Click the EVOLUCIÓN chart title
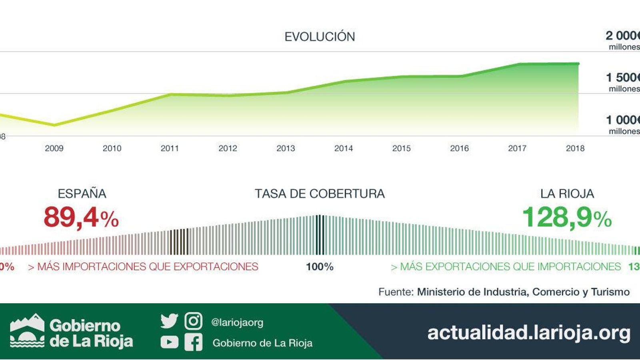(320, 37)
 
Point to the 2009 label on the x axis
(54, 148)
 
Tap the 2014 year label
(344, 148)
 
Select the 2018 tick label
(575, 148)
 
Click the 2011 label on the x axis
(170, 148)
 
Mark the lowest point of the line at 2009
(54, 125)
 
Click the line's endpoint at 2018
(578, 64)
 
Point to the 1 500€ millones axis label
(622, 82)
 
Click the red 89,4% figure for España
(81, 218)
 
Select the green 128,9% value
(567, 218)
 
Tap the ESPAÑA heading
(82, 194)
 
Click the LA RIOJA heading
(567, 194)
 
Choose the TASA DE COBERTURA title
(320, 194)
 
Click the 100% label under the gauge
(320, 267)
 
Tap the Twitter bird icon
(169, 321)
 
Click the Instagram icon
(194, 321)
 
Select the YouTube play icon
(169, 342)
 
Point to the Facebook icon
(194, 342)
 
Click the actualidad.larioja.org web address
(528, 333)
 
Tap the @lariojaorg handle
(237, 322)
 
